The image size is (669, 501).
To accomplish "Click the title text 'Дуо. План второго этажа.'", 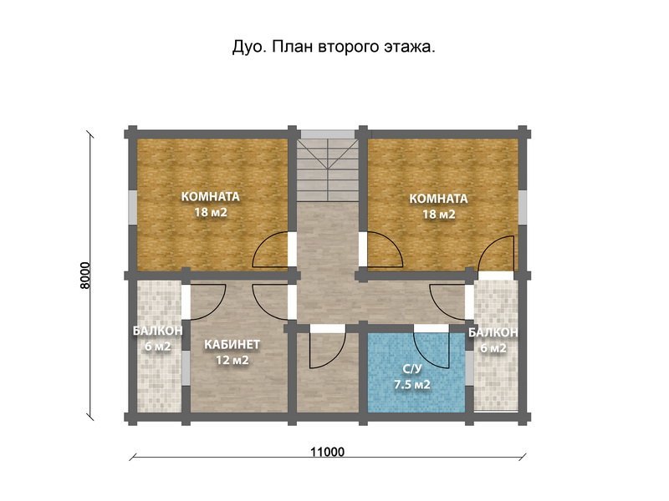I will tap(334, 48).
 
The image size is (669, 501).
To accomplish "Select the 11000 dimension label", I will tap(327, 452).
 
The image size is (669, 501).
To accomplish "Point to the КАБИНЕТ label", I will tap(232, 344).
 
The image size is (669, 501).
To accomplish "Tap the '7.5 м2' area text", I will tap(411, 385).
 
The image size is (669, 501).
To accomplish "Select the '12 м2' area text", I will tap(232, 360).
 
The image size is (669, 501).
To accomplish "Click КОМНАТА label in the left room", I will tap(211, 197).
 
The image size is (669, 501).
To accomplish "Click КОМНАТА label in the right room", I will tap(438, 199).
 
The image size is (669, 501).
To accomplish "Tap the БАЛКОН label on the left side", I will tap(157, 331).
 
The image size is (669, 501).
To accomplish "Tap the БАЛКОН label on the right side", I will tap(493, 332).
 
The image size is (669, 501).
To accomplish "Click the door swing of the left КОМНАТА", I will tap(273, 249).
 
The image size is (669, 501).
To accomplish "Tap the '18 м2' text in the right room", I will tap(438, 215).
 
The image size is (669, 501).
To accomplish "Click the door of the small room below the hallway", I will tap(325, 349).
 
